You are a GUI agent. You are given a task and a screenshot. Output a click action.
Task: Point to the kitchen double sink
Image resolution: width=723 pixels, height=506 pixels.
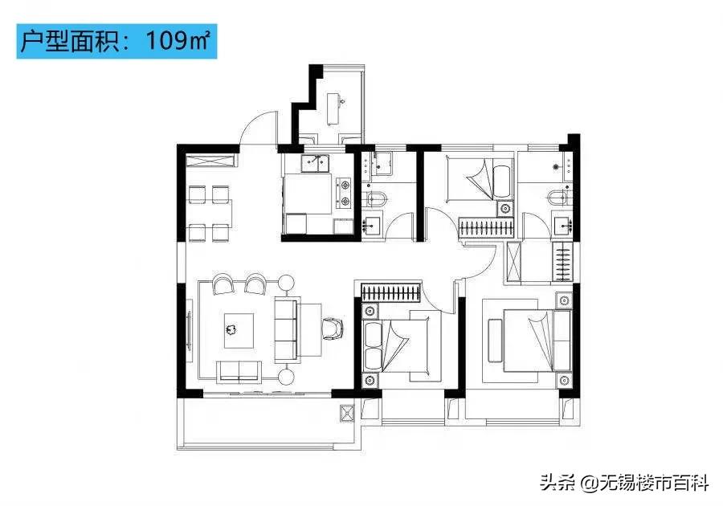(317, 165)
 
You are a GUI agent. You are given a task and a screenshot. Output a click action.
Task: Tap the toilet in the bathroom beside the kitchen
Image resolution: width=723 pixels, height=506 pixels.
(375, 198)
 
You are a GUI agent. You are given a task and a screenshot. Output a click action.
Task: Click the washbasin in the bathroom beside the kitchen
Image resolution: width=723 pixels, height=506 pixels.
(374, 225)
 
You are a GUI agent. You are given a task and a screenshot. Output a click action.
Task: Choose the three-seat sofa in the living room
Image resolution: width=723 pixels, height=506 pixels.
(286, 329)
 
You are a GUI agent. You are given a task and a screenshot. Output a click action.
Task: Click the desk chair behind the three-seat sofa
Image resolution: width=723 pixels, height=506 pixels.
(330, 328)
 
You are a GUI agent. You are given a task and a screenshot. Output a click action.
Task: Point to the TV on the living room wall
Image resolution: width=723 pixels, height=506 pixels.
(190, 330)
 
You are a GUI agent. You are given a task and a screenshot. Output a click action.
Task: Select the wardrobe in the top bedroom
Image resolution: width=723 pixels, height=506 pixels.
(486, 227)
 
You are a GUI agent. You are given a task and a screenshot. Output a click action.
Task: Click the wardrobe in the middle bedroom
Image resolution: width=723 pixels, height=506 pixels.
(390, 292)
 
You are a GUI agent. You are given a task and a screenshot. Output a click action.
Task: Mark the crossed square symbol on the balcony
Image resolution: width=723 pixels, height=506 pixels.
(348, 413)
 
